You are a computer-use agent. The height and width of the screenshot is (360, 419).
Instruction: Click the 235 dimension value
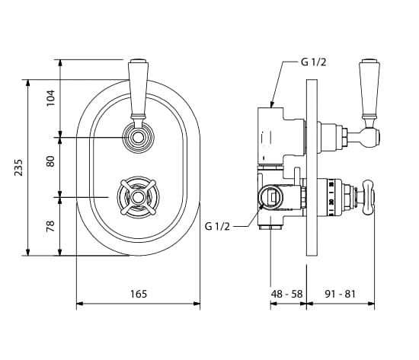tap(18, 167)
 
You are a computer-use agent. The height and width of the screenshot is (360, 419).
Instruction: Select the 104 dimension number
tap(50, 98)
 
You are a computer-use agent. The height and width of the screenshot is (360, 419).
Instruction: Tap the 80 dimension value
tap(50, 161)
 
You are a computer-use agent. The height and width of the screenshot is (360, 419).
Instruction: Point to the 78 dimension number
tap(50, 226)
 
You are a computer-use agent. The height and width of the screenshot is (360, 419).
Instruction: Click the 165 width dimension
tap(139, 294)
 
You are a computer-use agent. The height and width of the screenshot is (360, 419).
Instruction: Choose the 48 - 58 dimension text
tap(286, 294)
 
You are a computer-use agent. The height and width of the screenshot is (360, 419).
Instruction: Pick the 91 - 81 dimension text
tap(341, 294)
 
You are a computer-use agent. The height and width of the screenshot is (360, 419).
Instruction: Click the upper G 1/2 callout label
tap(313, 62)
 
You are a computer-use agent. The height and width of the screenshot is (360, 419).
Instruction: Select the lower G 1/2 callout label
tap(217, 227)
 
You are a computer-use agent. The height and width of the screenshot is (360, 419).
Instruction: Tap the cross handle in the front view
tap(138, 197)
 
